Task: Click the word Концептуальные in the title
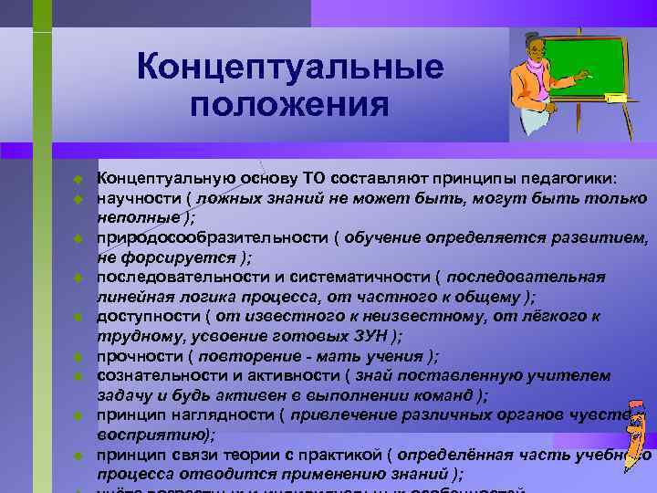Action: [x=289, y=68]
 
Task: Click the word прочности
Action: [x=137, y=356]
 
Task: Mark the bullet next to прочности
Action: [x=79, y=357]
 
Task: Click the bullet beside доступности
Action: [x=79, y=318]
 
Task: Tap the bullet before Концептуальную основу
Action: [x=79, y=179]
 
